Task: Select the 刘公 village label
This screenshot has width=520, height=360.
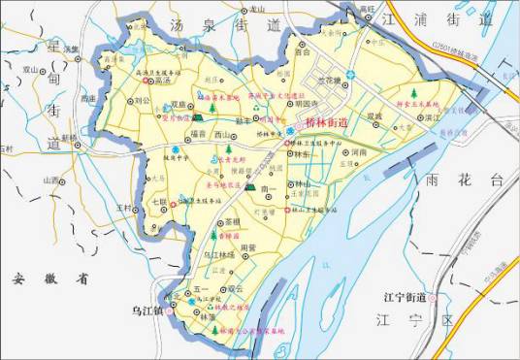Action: point(142,100)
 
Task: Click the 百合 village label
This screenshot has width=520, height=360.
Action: point(303,51)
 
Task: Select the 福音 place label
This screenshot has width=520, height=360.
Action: point(198,134)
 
